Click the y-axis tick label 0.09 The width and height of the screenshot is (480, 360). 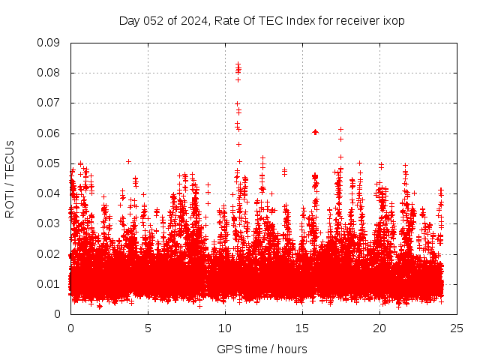tap(49, 43)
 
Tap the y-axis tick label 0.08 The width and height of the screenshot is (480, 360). tap(49, 73)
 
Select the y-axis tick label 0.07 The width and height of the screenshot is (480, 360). tap(49, 103)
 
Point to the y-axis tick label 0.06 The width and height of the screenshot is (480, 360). tap(49, 133)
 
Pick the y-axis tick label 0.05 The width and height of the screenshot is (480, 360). tap(49, 163)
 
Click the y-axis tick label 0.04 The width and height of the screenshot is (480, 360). tap(49, 193)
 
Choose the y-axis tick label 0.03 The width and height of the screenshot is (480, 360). tap(49, 223)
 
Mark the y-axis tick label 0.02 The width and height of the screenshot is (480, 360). tap(49, 253)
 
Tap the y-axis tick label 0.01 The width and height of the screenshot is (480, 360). tap(49, 283)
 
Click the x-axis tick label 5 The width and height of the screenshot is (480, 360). tap(148, 328)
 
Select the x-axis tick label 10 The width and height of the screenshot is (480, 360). tap(225, 328)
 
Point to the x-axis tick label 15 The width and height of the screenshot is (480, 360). tap(302, 328)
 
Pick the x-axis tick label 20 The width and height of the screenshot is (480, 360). tap(379, 328)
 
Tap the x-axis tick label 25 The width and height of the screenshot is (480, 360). tap(457, 328)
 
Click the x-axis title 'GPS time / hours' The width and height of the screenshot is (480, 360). tap(262, 349)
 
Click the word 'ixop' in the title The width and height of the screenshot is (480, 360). tap(394, 20)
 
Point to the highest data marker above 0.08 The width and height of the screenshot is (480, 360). tap(238, 64)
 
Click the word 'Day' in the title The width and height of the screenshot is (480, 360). tap(129, 20)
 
